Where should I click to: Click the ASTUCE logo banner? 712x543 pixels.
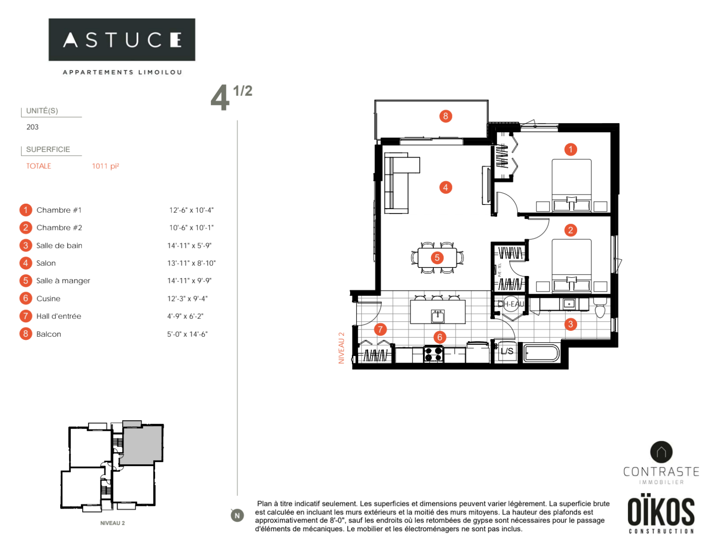(x=122, y=40)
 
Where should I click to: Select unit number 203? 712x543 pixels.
(x=33, y=127)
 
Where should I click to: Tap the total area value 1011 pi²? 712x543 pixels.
(x=105, y=166)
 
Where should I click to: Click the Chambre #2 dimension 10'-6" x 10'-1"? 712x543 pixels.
(x=191, y=228)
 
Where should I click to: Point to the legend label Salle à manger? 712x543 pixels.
(x=63, y=281)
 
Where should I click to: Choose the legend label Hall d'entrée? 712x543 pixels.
(x=58, y=316)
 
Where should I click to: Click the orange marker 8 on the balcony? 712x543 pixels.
(x=446, y=116)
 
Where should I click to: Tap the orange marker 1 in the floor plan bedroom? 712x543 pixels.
(x=570, y=149)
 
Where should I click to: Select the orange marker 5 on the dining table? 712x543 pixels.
(x=437, y=258)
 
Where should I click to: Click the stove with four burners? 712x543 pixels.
(x=433, y=353)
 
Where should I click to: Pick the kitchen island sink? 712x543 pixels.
(x=437, y=315)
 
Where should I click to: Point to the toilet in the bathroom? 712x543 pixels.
(x=600, y=309)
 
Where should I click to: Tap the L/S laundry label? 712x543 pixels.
(x=507, y=351)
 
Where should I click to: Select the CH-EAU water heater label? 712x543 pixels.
(x=511, y=304)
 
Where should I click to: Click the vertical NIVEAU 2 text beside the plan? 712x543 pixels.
(x=342, y=348)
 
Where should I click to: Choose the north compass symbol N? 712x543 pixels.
(x=237, y=515)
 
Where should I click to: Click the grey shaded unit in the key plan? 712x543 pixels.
(x=142, y=445)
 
